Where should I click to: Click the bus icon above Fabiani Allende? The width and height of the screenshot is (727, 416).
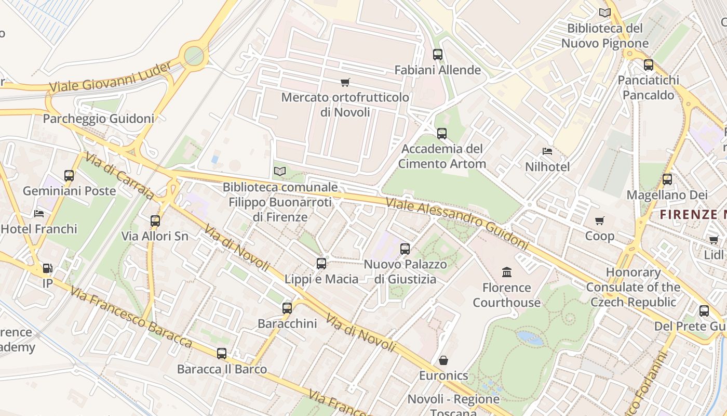pyautogui.click(x=438, y=54)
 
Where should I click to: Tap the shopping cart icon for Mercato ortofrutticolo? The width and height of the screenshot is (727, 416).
pyautogui.click(x=345, y=82)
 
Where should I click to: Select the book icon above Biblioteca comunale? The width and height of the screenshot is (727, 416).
pyautogui.click(x=280, y=171)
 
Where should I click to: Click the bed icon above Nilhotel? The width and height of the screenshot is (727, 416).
pyautogui.click(x=547, y=151)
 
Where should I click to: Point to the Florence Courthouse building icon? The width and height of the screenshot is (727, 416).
pyautogui.click(x=507, y=272)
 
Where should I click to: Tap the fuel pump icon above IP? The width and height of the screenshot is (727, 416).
pyautogui.click(x=48, y=268)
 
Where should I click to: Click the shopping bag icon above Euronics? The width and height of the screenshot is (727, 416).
pyautogui.click(x=443, y=360)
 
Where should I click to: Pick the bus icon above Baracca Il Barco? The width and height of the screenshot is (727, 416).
pyautogui.click(x=222, y=354)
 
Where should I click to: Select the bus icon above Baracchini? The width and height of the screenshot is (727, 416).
pyautogui.click(x=287, y=308)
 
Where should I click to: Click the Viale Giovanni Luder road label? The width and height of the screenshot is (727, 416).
pyautogui.click(x=111, y=77)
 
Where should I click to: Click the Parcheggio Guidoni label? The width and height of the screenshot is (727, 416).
pyautogui.click(x=98, y=119)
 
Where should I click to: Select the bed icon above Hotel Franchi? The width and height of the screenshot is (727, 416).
pyautogui.click(x=39, y=213)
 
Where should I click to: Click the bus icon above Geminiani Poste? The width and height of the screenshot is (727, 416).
pyautogui.click(x=69, y=175)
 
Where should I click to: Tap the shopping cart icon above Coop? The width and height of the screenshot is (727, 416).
pyautogui.click(x=600, y=220)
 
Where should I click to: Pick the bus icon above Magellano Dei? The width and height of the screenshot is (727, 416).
pyautogui.click(x=667, y=179)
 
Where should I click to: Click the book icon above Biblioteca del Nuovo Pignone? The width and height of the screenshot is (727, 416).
pyautogui.click(x=605, y=12)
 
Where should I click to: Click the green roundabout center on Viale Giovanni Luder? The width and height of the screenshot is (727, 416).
pyautogui.click(x=194, y=55)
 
